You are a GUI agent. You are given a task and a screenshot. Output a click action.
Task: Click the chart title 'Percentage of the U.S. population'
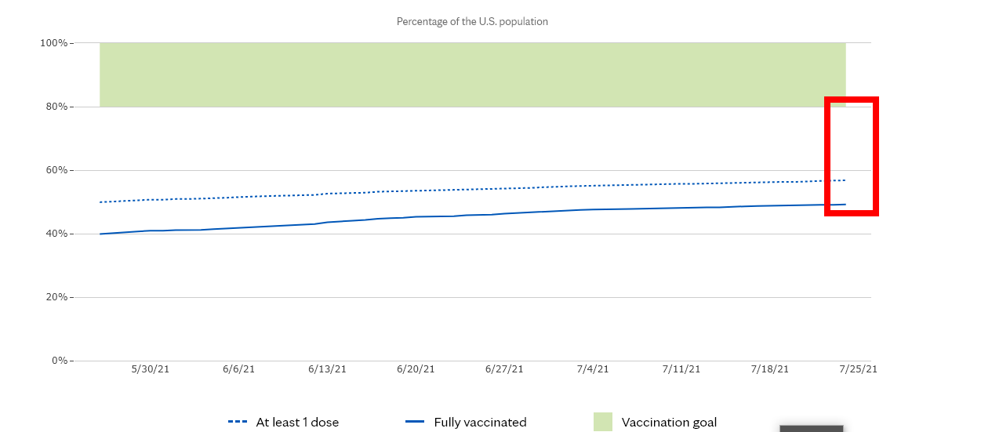[472, 22]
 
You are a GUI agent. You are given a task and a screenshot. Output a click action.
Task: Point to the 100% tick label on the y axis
[53, 43]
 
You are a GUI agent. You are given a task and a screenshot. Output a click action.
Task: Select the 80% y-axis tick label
[56, 107]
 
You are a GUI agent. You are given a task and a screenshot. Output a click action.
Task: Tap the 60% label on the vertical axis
[56, 170]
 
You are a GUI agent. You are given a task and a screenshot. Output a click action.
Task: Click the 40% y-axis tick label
[56, 234]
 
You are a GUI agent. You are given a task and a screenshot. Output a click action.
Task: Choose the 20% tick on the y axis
[56, 297]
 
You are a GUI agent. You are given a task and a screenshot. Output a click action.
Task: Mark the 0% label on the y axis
[59, 361]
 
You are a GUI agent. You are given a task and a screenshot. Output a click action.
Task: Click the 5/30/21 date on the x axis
[150, 368]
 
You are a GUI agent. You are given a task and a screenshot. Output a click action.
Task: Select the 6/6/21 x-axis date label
[238, 368]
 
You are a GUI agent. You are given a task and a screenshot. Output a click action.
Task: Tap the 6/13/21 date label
[327, 368]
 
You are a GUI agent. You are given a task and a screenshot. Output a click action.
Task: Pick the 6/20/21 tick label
[416, 368]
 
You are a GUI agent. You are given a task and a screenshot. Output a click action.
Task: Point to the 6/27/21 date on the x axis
[504, 368]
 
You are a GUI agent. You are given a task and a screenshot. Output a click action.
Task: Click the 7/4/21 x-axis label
[593, 368]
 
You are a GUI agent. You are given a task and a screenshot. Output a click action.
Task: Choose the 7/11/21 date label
[681, 368]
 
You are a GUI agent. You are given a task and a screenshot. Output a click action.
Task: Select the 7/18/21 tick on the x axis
[770, 368]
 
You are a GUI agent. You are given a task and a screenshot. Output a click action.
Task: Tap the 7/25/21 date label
[858, 368]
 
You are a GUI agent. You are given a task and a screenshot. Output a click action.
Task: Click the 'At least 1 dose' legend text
[297, 423]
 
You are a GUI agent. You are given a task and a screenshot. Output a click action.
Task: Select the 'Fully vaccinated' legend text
[480, 423]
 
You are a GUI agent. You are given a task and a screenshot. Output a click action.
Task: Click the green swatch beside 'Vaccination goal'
[603, 422]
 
